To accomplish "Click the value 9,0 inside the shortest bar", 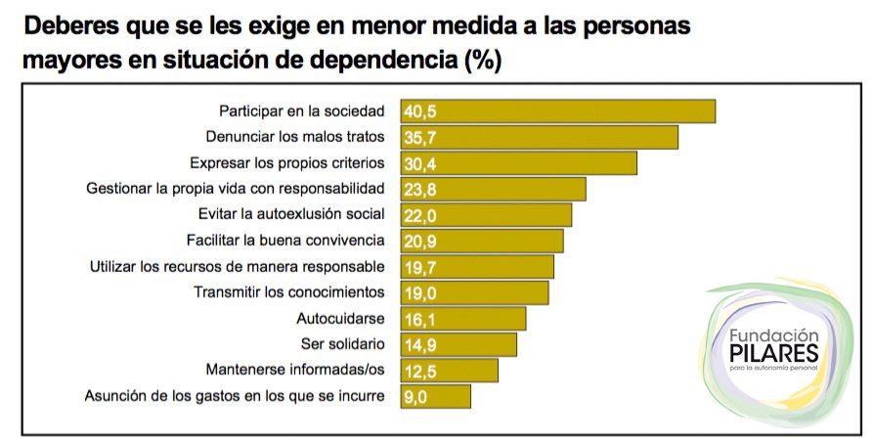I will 416,396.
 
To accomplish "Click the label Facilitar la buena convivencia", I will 285,241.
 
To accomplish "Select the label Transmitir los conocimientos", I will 289,292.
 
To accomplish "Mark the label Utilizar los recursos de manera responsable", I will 237,266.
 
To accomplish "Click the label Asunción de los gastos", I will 235,396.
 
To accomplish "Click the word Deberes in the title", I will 71,23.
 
